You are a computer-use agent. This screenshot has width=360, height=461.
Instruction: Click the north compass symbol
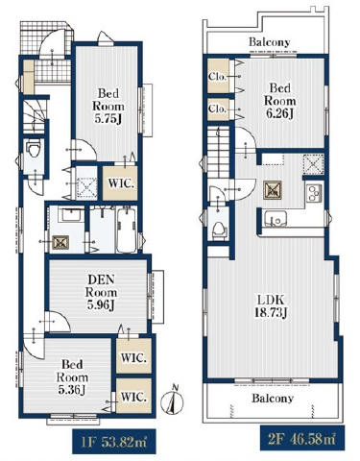pos(172,400)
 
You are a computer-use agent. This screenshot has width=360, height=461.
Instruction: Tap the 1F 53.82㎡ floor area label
pos(114,442)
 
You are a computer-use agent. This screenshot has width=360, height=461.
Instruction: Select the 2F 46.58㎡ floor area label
pos(302,438)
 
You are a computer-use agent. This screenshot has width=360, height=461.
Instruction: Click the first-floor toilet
pos(34,149)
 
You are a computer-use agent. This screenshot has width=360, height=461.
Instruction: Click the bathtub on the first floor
pos(126,230)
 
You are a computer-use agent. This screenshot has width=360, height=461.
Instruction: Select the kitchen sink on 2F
pos(276,219)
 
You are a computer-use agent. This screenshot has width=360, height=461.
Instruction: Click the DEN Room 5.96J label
pos(102,292)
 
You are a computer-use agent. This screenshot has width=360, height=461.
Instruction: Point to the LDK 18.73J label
pos(271,306)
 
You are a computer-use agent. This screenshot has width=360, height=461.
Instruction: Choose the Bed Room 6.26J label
pos(279,101)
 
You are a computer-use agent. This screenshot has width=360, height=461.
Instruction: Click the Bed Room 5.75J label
pos(108,106)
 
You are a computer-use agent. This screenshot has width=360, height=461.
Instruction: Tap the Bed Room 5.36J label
pos(72,376)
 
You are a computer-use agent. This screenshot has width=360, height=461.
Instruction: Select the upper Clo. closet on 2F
pos(218,76)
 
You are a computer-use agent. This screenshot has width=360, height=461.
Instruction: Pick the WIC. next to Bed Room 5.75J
pos(121,183)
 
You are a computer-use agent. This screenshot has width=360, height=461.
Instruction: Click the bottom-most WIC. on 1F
pos(133,396)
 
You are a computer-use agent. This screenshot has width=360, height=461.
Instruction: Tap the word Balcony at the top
pos(270,42)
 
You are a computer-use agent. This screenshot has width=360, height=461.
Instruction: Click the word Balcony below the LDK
pos(273,398)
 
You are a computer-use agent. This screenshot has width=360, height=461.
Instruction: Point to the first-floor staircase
pos(35,116)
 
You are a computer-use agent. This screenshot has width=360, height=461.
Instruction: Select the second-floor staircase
pos(219,153)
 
